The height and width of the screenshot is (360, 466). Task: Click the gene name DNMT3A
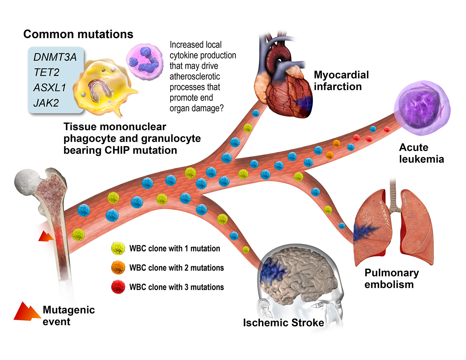click(x=55, y=57)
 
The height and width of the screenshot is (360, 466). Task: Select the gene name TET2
click(x=47, y=73)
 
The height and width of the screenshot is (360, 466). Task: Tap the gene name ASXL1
click(x=50, y=88)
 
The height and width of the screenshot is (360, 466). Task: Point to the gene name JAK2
click(x=46, y=103)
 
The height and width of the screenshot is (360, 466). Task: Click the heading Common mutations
click(x=78, y=34)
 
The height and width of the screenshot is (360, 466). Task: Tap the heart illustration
click(x=286, y=87)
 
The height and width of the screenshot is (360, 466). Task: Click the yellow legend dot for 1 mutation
click(x=118, y=248)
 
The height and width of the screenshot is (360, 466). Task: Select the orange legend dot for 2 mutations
click(x=118, y=268)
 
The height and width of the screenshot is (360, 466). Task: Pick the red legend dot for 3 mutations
click(x=118, y=287)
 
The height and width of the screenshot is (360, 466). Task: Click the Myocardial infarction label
click(x=341, y=81)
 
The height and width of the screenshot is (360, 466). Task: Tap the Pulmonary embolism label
click(x=391, y=278)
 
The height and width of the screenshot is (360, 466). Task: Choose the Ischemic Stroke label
click(x=283, y=323)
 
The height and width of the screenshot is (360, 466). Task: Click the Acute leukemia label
click(x=421, y=153)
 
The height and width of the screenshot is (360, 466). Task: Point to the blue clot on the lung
click(x=364, y=231)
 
